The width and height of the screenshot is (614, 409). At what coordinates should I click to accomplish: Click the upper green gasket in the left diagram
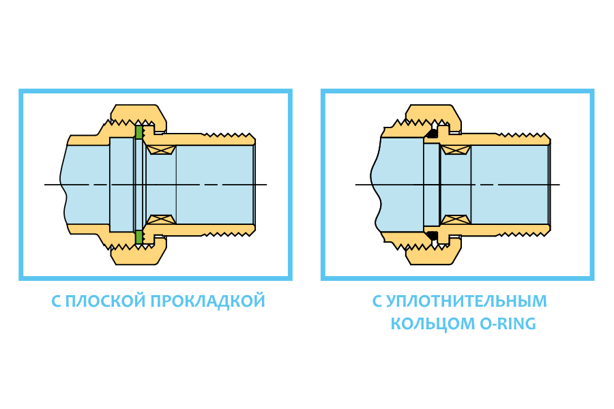pos(139,132)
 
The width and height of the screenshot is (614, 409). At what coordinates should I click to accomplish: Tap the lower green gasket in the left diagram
pos(139,237)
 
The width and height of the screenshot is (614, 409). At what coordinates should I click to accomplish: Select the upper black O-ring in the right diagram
pos(432,134)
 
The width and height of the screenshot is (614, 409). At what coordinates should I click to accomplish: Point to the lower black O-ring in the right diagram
pos(432,235)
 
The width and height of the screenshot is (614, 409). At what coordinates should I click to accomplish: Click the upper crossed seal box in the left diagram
pos(162,149)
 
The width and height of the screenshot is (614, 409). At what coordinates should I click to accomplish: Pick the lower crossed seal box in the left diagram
pos(162,219)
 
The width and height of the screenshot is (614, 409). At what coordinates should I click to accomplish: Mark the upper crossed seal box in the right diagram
pos(455,149)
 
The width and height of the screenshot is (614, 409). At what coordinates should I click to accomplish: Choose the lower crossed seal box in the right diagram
pos(455,219)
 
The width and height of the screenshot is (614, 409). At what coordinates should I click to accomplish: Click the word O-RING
pos(504,324)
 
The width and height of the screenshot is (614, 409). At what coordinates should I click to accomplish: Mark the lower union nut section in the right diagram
pos(434,254)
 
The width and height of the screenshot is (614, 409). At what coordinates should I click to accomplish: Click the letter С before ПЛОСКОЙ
pos(57,301)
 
